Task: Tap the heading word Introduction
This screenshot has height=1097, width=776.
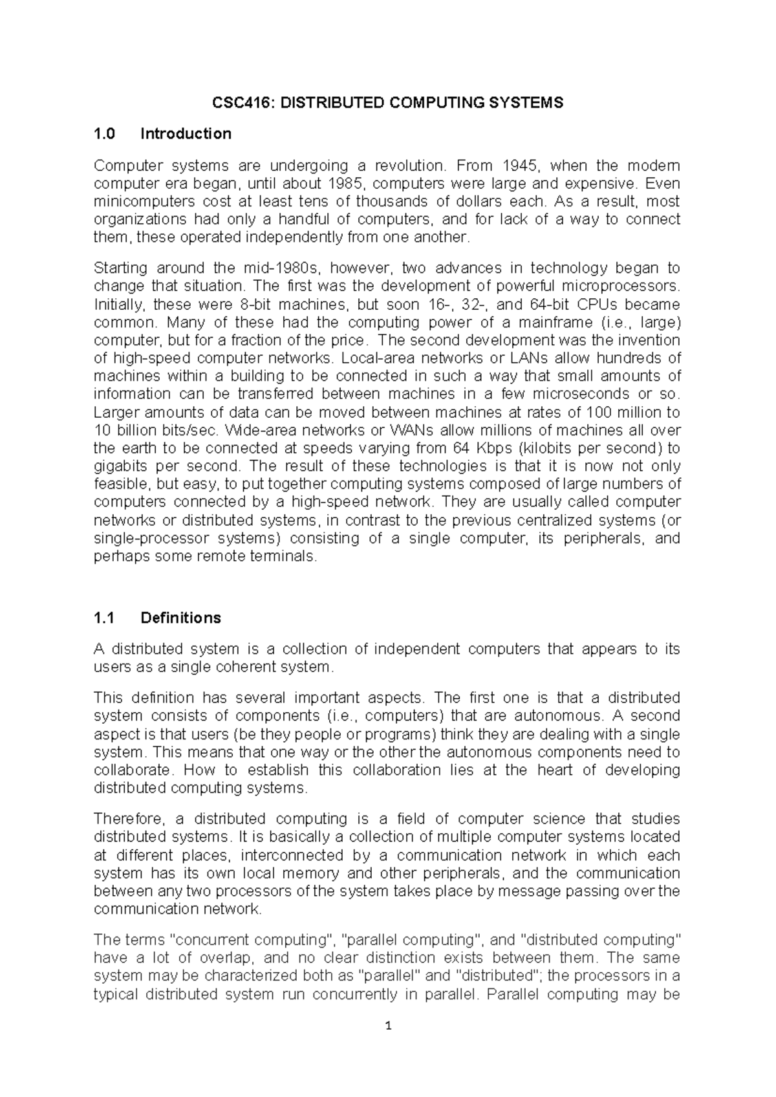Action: [x=186, y=134]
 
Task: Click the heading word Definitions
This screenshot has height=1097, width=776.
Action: [x=180, y=618]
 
